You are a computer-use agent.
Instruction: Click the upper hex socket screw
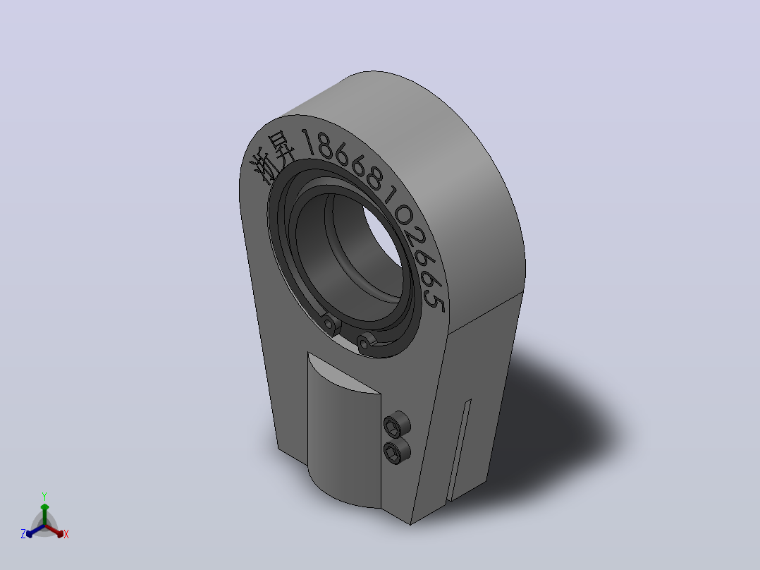click(x=396, y=425)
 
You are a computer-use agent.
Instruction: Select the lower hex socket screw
click(x=396, y=451)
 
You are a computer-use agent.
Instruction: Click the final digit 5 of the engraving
click(x=435, y=301)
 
